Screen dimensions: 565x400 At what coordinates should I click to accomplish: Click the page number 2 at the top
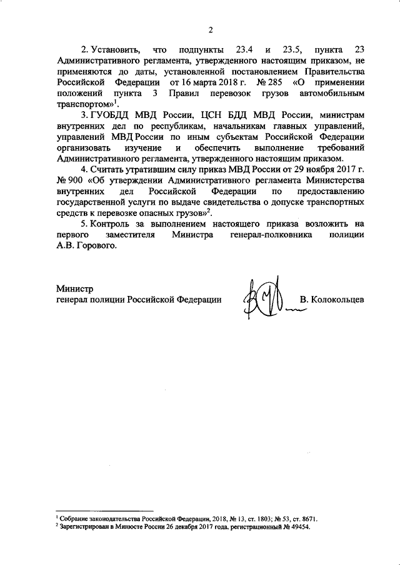pos(211,29)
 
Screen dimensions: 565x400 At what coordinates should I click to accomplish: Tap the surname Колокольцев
pos(332,300)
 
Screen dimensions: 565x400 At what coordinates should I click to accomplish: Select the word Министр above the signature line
pos(74,289)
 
